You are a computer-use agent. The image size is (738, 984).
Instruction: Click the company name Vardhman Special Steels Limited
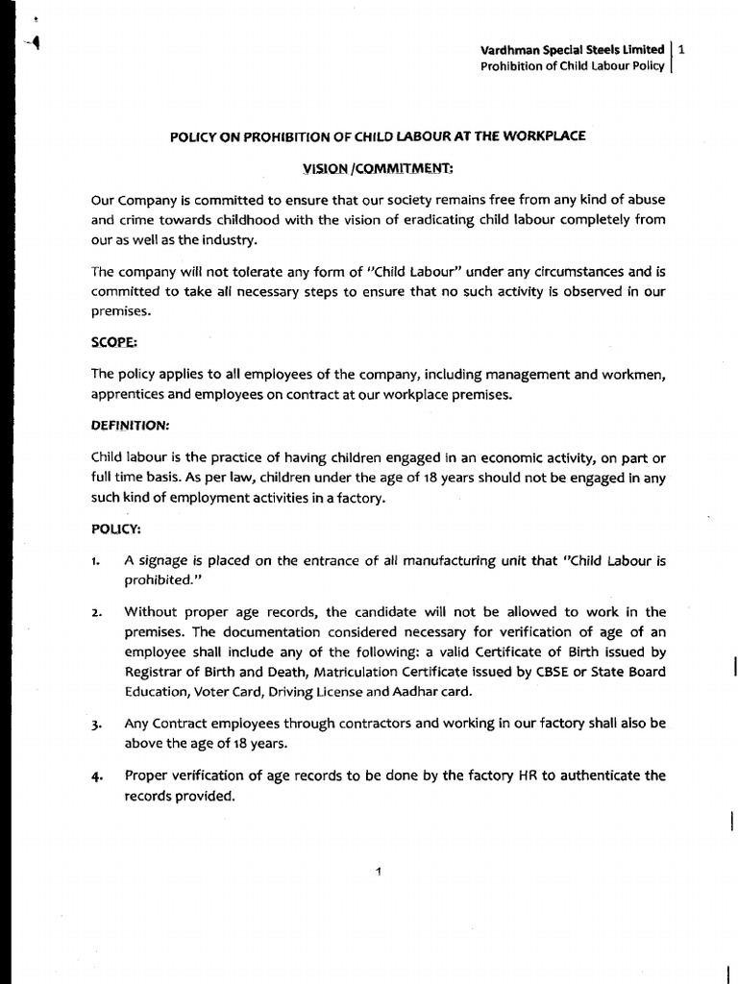(x=573, y=49)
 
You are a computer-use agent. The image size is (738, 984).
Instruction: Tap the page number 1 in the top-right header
(x=680, y=49)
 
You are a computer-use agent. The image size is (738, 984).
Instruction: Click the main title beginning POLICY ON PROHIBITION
(x=378, y=137)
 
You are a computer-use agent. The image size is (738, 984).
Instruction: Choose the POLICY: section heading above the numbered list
(x=117, y=529)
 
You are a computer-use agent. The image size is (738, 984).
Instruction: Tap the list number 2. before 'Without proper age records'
(x=97, y=612)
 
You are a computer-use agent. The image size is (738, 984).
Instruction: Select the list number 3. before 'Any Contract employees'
(x=97, y=724)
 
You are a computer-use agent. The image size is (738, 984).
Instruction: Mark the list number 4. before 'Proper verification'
(x=97, y=775)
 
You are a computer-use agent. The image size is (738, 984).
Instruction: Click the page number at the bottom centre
(x=379, y=872)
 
